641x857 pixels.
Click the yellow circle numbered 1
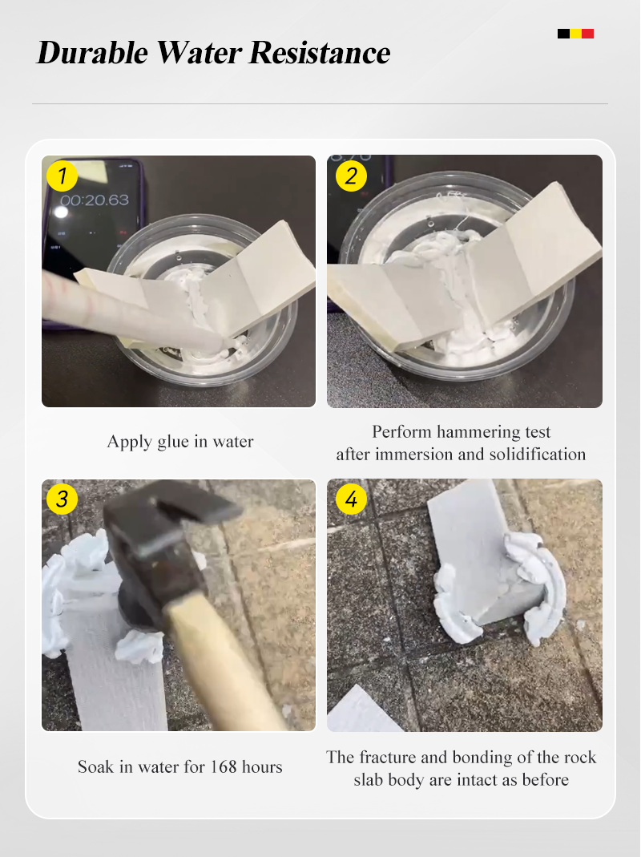(62, 176)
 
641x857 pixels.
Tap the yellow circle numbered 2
(351, 176)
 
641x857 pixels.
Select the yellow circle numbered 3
(62, 499)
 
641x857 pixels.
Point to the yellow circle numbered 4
(351, 499)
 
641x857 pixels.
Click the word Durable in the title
(92, 52)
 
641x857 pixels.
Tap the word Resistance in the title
(320, 52)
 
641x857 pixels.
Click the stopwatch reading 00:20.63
(95, 200)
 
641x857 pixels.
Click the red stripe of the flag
(587, 34)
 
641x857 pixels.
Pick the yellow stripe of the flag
(575, 34)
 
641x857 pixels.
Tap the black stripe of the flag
(563, 34)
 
